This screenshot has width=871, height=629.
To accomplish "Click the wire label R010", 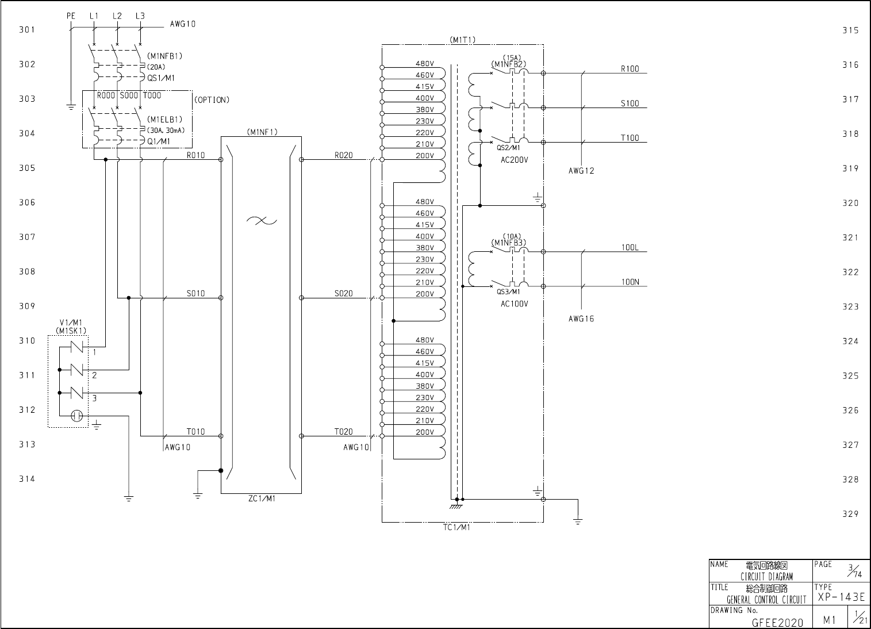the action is coord(195,155).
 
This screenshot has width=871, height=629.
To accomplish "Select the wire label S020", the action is coord(344,293).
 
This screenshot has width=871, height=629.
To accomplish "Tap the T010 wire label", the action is coord(195,432).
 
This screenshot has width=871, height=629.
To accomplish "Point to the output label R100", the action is coord(630,69).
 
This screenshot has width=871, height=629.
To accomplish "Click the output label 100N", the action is coord(630,282).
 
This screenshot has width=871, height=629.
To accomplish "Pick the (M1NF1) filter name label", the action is coord(263,132).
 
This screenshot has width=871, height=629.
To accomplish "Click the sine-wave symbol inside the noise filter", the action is coord(262,221).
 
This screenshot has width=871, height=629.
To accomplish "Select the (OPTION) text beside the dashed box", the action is coord(212,100).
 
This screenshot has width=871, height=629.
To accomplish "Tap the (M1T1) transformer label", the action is coord(462,40).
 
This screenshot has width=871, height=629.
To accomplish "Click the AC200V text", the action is coord(515,160).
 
